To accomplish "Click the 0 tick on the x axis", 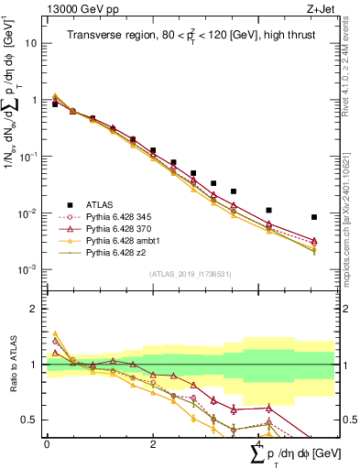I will click(47, 443).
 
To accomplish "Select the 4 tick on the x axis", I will click(259, 443).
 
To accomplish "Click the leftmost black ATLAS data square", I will click(55, 104).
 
